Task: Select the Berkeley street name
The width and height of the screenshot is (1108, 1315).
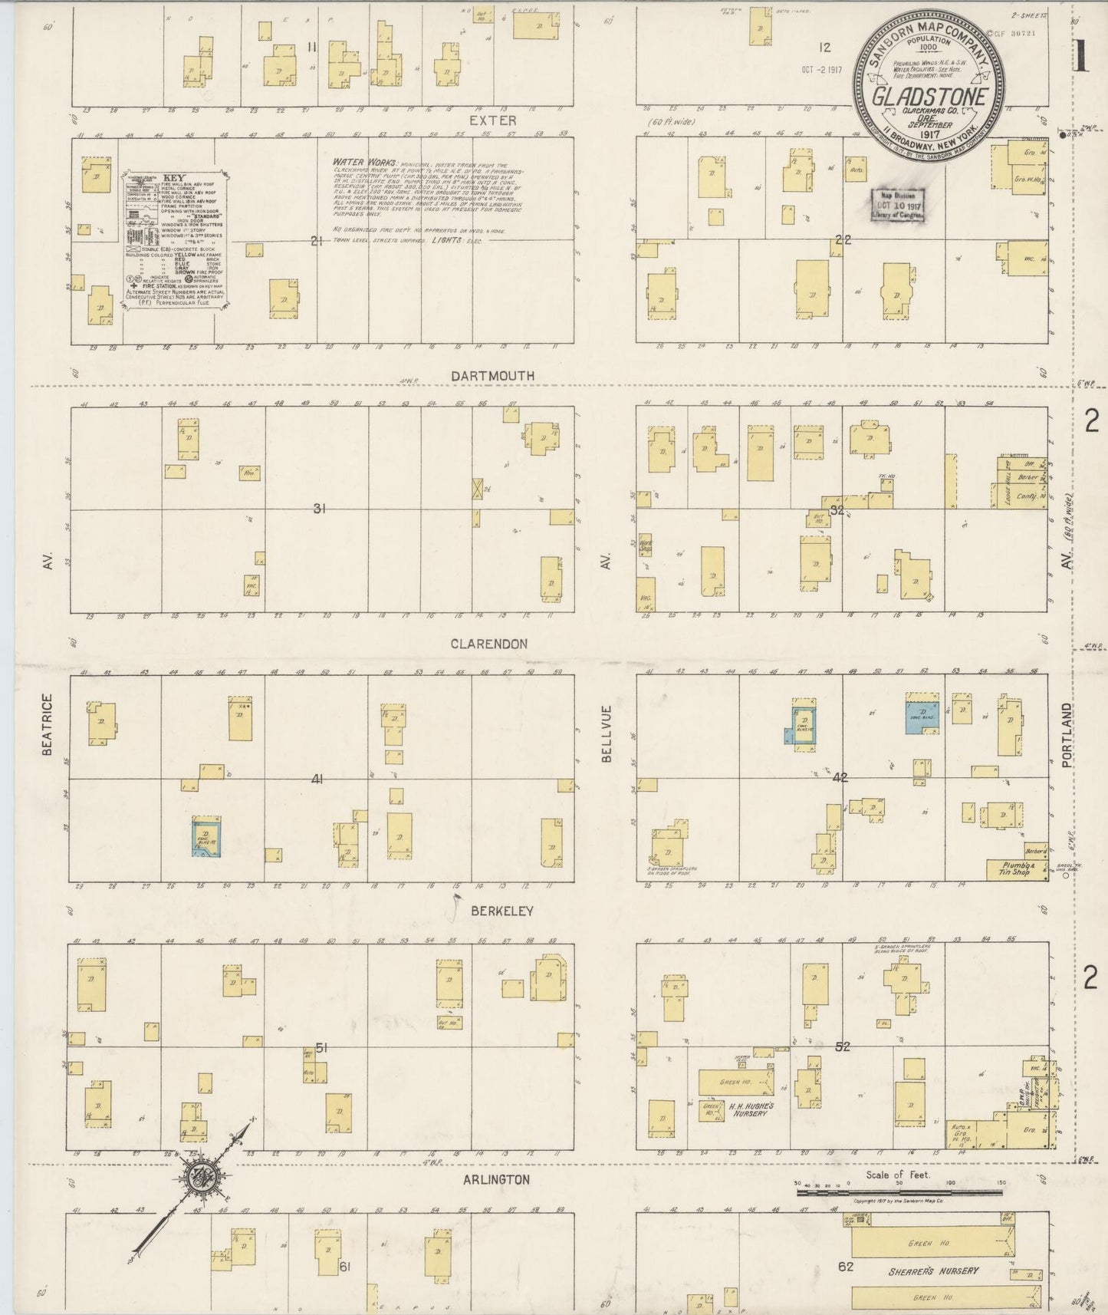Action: (x=502, y=911)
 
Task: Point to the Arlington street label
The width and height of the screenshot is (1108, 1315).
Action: (x=496, y=1179)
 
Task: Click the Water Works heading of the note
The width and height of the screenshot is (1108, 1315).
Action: (x=365, y=163)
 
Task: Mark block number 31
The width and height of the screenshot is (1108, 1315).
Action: (x=319, y=507)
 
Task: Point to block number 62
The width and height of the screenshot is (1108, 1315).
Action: (x=845, y=1266)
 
